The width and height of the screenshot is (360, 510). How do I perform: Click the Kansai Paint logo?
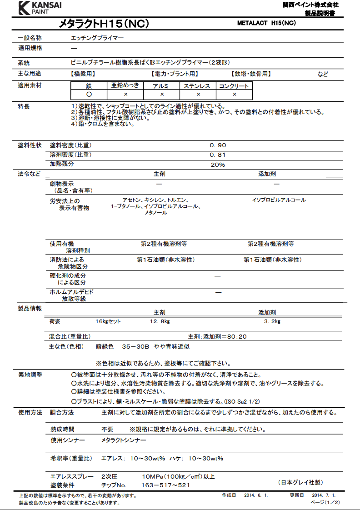(40, 8)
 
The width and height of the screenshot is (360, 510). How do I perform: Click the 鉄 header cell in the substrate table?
(89, 86)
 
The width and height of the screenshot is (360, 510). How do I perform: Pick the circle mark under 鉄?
(89, 95)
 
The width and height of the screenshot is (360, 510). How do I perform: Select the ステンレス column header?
(198, 86)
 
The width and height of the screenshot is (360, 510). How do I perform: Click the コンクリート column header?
(234, 86)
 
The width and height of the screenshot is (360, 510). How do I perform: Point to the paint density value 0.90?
(218, 145)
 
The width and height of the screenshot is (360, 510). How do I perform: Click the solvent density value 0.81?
(218, 155)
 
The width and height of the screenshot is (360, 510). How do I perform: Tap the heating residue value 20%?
(218, 165)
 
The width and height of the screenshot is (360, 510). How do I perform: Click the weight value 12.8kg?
(160, 322)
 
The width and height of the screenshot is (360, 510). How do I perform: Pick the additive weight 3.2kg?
(272, 322)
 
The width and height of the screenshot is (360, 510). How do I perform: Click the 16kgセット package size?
(108, 322)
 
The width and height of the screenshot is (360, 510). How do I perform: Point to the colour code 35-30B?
(135, 346)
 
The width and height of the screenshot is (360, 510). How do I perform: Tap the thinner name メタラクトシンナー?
(124, 441)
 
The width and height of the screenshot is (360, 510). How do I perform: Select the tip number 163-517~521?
(165, 485)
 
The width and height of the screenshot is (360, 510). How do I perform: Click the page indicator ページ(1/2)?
(325, 502)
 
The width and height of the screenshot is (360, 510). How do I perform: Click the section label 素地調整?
(30, 375)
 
